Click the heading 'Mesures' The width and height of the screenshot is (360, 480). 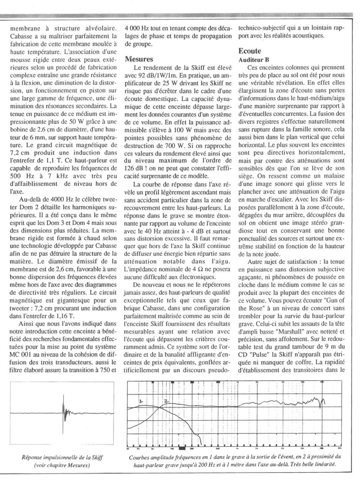[x=139, y=59]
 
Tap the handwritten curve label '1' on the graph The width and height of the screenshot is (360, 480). [x=141, y=400]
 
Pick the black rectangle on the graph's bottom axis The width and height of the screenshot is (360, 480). [x=182, y=448]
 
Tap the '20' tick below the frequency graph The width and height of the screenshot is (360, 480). [x=128, y=449]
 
